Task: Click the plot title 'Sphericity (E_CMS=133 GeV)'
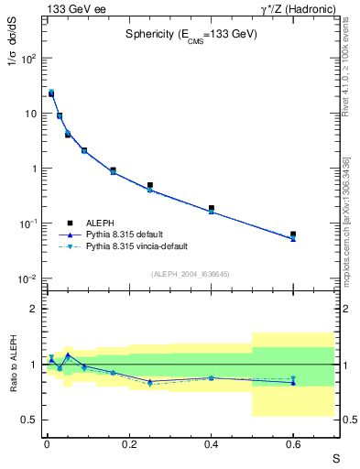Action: pyautogui.click(x=191, y=34)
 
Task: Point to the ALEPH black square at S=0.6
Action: pyautogui.click(x=293, y=234)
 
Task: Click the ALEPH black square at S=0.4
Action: pyautogui.click(x=211, y=209)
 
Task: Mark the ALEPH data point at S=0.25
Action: pyautogui.click(x=149, y=185)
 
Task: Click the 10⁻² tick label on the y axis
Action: pyautogui.click(x=27, y=278)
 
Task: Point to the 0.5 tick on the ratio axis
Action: pyautogui.click(x=30, y=420)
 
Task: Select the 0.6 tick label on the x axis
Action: pyautogui.click(x=293, y=446)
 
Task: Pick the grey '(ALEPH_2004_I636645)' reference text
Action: pyautogui.click(x=190, y=273)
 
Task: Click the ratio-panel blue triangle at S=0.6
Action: pyautogui.click(x=293, y=383)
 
